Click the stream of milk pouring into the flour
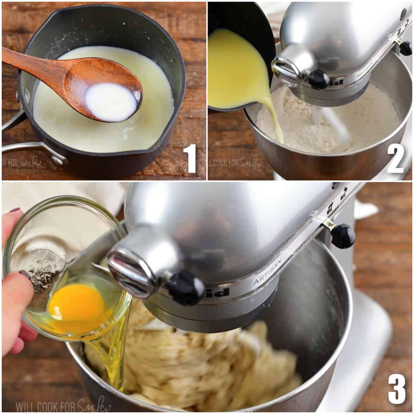(x=274, y=121)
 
